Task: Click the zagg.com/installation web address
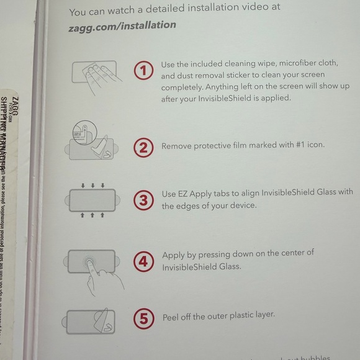122,25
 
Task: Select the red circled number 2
143,147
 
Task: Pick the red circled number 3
143,200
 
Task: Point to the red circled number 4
143,261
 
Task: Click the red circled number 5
143,320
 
